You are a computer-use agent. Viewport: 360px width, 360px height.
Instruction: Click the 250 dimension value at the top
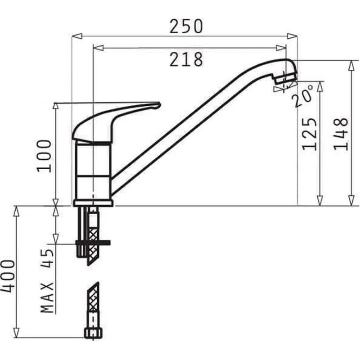tap(186, 26)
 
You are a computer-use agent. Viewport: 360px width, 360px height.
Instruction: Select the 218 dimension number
tap(186, 59)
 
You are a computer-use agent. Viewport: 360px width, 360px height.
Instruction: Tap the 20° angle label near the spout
tap(302, 97)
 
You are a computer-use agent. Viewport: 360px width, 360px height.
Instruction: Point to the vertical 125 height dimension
tap(310, 134)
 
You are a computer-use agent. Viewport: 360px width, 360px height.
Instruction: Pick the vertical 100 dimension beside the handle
tap(44, 155)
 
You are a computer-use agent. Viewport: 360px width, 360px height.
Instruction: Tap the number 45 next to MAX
tap(47, 259)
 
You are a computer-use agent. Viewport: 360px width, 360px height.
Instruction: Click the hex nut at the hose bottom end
tap(92, 333)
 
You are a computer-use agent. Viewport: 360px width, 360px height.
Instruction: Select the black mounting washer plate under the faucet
tap(93, 243)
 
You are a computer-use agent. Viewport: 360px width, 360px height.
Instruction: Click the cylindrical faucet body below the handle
tap(93, 171)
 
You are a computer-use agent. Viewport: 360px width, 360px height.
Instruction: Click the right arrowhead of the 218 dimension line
tap(282, 47)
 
